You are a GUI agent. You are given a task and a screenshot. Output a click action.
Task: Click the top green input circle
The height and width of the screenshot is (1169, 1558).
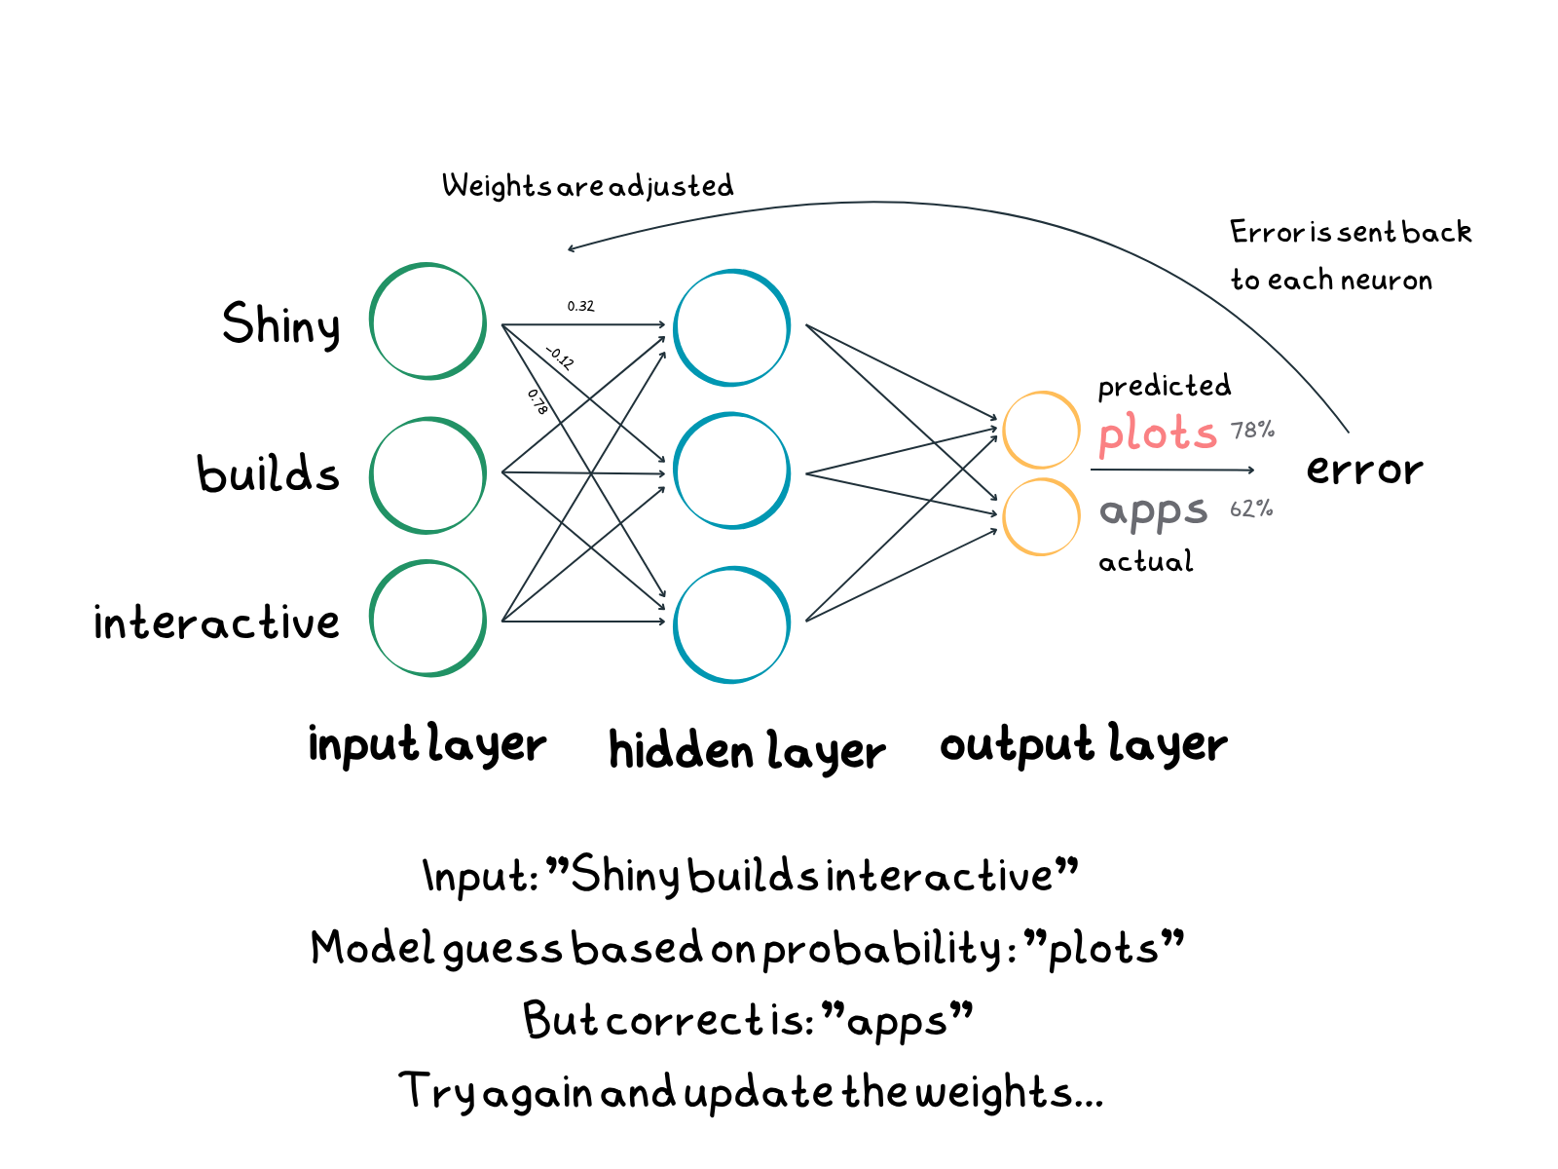coord(427,321)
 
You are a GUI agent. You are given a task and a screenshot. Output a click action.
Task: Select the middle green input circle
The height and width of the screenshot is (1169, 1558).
coord(427,475)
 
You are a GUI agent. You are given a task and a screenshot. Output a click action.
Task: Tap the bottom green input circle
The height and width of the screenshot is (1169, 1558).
coord(427,618)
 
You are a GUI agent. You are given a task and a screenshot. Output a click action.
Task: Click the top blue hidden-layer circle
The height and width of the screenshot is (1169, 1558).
coord(731,327)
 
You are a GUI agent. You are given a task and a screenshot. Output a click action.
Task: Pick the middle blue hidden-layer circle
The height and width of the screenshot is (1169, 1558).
coord(731,471)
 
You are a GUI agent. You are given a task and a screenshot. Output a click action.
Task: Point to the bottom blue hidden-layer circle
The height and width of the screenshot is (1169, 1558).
coord(731,624)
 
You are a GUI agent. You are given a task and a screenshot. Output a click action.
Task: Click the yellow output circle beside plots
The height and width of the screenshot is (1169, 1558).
coord(1041,430)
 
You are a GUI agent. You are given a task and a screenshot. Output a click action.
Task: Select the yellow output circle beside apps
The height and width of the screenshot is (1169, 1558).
coord(1041,516)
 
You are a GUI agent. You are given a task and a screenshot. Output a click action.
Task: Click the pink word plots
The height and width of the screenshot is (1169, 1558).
coord(1158,433)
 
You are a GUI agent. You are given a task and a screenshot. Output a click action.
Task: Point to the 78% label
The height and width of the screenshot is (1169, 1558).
coord(1252,430)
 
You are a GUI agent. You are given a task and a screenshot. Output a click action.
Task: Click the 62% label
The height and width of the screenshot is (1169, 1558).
coord(1251,509)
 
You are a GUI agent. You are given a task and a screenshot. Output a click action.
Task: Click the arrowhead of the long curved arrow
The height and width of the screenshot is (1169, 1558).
coord(571,248)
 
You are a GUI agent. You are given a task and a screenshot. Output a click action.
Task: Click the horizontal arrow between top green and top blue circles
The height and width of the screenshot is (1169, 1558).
coord(584,324)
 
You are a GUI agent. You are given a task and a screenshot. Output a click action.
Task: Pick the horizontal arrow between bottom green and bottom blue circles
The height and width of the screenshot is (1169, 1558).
coord(584,621)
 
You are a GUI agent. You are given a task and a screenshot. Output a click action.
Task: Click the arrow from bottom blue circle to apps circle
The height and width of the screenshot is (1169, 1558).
coord(901,576)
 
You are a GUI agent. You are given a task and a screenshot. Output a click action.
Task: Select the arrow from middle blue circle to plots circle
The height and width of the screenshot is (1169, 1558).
coord(901,451)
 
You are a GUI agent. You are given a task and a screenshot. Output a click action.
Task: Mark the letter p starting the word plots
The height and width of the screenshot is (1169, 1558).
coord(1109,436)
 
